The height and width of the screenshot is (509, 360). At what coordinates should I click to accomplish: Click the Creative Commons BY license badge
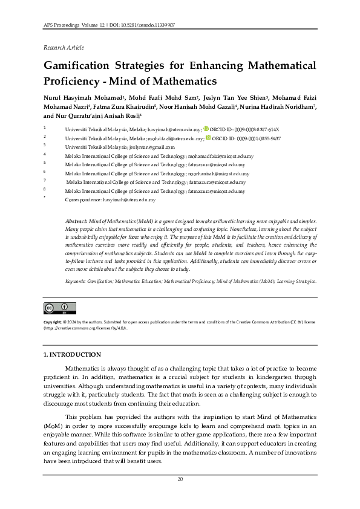click(55, 308)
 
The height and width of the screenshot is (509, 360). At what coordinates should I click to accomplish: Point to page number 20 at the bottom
click(180, 479)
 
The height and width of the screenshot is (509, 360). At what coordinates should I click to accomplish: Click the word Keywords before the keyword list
click(75, 282)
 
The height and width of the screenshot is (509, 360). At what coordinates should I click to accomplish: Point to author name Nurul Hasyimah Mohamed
click(82, 98)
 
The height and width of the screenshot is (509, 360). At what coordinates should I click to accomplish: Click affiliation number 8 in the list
click(45, 190)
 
